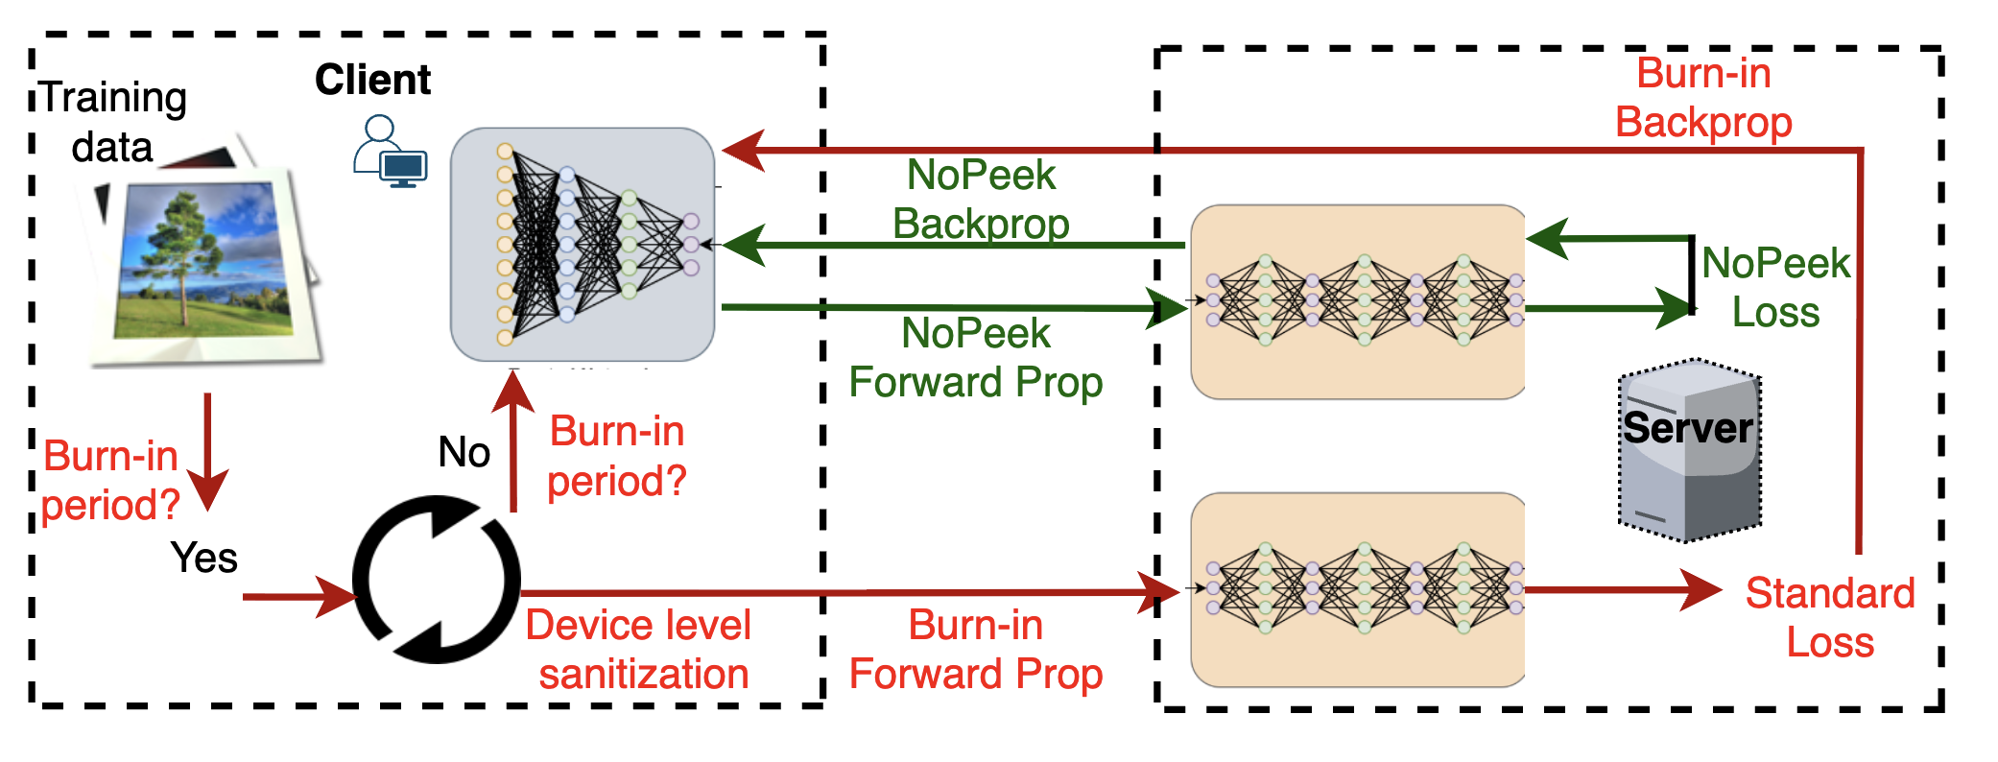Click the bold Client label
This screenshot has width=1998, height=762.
pos(372,80)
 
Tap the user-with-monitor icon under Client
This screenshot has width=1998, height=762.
pos(390,151)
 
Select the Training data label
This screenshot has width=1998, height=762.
pos(112,122)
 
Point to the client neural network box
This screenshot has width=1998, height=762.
pos(583,245)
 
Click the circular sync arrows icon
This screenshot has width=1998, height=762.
pos(437,579)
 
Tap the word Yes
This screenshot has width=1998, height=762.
pos(203,558)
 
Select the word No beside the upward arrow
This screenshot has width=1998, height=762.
pos(464,451)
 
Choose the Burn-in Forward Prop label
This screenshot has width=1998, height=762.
pos(976,649)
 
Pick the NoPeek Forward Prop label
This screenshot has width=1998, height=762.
pos(976,358)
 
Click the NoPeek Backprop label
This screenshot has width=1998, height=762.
pos(981,199)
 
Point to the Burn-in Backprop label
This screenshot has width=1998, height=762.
pos(1703,98)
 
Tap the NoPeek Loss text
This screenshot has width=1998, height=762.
pos(1776,287)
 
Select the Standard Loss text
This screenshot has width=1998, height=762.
pos(1830,617)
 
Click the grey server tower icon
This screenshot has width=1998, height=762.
pos(1690,450)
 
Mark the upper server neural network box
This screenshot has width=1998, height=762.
pos(1358,301)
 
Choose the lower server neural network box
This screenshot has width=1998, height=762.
pos(1358,590)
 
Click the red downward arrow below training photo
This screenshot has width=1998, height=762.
pos(207,452)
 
